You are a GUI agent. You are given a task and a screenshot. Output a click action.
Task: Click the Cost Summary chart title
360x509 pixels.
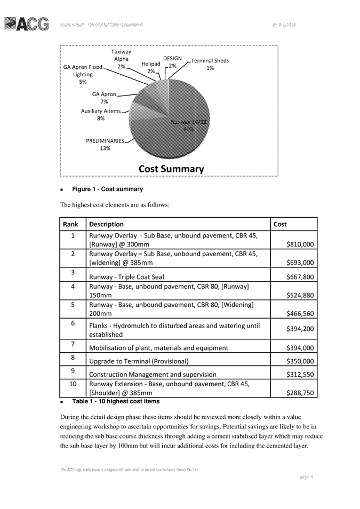coord(171,169)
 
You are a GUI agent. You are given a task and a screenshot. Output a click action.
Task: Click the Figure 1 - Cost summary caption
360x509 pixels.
coord(107,189)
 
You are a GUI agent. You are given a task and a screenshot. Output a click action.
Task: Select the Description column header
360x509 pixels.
coord(106,224)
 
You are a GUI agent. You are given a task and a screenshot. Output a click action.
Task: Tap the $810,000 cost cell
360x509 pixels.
coord(300,244)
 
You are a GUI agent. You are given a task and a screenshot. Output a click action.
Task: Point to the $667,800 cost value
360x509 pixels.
coord(300,276)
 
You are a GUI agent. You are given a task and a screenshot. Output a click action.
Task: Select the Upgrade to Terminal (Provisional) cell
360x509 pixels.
coord(139,361)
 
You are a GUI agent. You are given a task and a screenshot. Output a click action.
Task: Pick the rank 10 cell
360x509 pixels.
coord(73,384)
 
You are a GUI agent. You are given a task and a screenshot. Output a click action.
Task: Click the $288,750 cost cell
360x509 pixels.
coord(300,392)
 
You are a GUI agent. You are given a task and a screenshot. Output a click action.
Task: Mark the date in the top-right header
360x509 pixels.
coord(284,25)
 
